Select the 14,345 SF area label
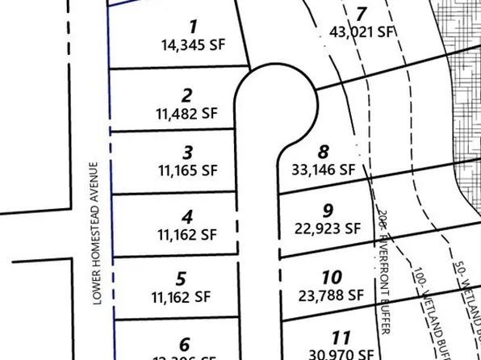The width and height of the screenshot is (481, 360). coord(193,46)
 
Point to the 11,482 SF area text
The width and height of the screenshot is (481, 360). coord(187,114)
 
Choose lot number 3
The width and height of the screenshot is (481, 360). coord(187,153)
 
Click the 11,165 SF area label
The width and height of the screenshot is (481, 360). coord(187,170)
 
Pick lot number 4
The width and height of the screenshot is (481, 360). coord(187,217)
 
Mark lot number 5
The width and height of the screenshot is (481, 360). coord(181,279)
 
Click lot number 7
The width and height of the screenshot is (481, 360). coord(361,14)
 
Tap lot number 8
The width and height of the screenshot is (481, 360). coord(324,151)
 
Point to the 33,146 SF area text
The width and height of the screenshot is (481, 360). coord(323,170)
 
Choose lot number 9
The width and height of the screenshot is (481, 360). coord(328,210)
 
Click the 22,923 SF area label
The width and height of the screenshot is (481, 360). coord(328,228)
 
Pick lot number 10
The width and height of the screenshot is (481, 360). coord(331,278)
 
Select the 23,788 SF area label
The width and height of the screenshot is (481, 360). coord(331,296)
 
